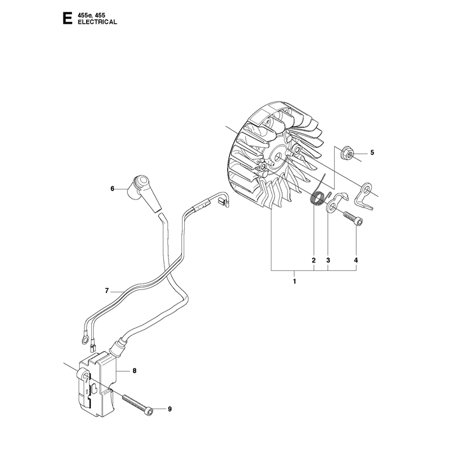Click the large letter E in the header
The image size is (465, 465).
point(67,18)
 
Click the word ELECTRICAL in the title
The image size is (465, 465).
point(97,22)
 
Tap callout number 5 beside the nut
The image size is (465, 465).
point(372,152)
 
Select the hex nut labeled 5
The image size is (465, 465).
point(347,152)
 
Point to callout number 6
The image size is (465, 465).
point(112,188)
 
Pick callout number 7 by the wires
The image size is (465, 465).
point(107,291)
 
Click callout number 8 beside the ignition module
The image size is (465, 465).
point(134,371)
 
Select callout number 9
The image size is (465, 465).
point(170,409)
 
